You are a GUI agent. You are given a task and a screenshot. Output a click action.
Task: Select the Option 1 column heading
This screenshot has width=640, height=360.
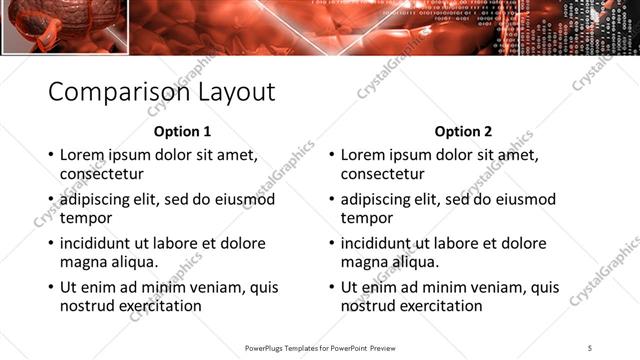coord(182,131)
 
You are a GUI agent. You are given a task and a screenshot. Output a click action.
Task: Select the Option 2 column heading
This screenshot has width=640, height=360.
coord(463,131)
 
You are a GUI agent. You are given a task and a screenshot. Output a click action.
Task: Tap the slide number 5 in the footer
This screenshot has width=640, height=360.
coord(591,347)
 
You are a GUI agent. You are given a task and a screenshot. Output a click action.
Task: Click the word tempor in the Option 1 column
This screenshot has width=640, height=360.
coord(85,217)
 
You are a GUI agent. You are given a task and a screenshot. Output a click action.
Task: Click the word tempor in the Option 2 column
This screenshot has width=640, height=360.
coord(366,217)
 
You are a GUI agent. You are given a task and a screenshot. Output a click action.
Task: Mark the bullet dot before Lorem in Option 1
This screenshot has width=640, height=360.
coord(51,156)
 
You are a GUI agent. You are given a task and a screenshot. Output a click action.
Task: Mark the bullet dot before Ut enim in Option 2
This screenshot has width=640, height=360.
coord(332,288)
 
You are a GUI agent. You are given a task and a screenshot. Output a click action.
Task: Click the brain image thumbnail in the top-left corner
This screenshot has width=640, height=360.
coord(62,25)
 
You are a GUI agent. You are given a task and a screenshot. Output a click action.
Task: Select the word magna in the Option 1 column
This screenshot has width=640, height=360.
coord(84,261)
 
